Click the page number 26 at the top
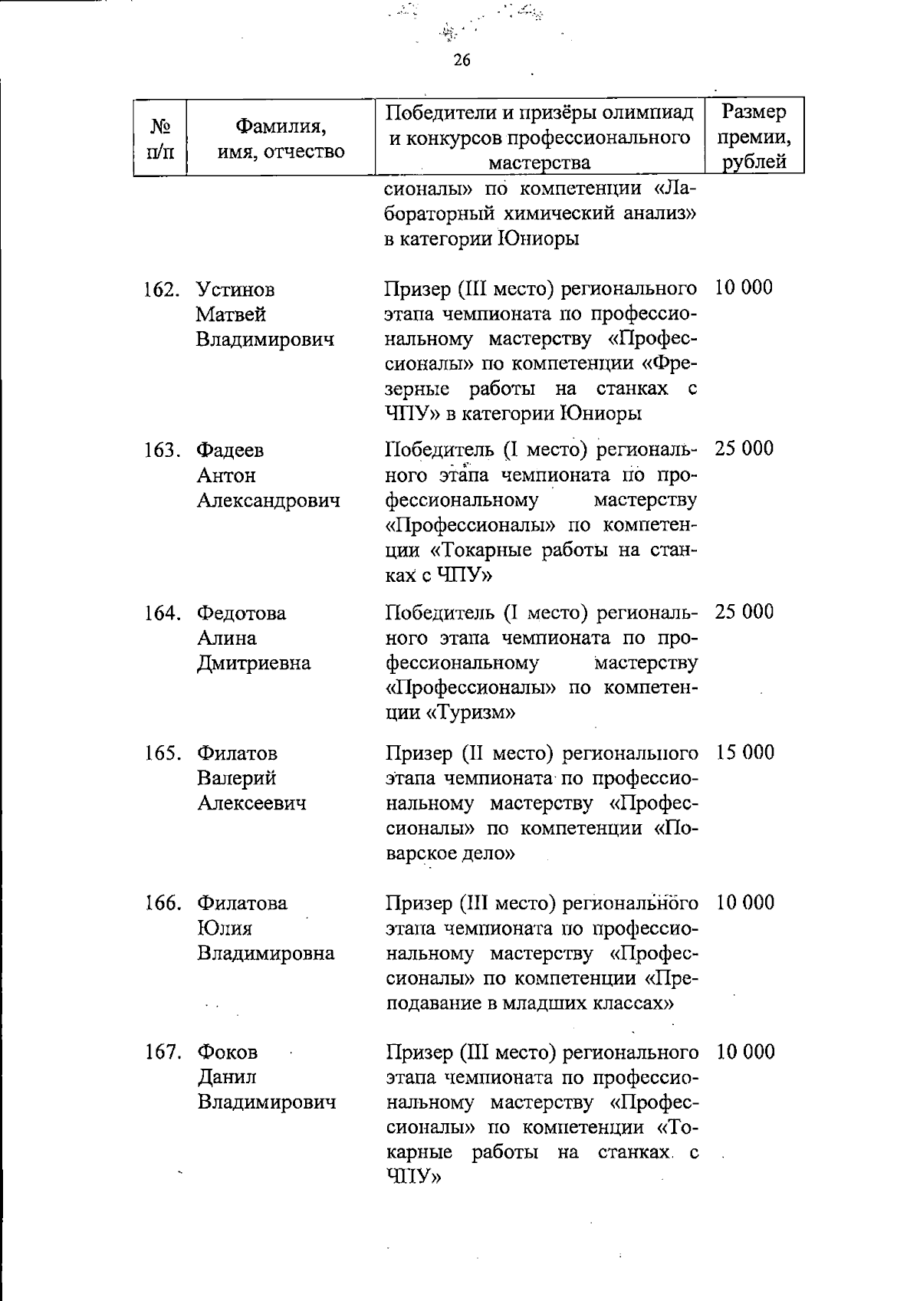click(x=462, y=60)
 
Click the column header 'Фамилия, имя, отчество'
click(x=281, y=138)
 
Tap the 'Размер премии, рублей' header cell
click(x=754, y=136)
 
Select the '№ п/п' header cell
click(x=160, y=138)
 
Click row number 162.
click(x=161, y=291)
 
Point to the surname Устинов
click(x=235, y=290)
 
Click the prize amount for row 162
click(x=744, y=287)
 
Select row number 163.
click(x=161, y=450)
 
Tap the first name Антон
click(x=226, y=475)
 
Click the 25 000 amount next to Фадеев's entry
click(x=744, y=448)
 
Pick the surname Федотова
click(x=241, y=613)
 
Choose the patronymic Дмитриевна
click(x=254, y=663)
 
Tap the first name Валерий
click(x=237, y=778)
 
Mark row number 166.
click(x=162, y=903)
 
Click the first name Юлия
click(x=225, y=928)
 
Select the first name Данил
click(x=227, y=1076)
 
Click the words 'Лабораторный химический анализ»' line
click(x=540, y=213)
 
